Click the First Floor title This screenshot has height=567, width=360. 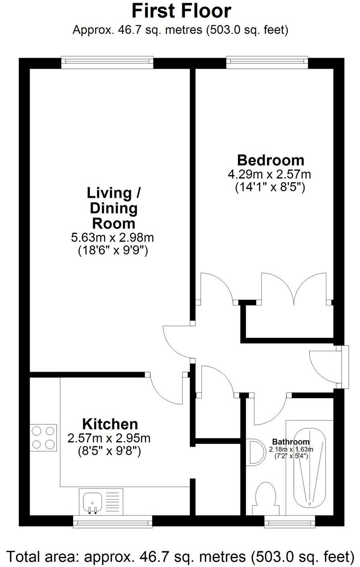pyautogui.click(x=181, y=11)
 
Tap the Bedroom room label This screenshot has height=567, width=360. pyautogui.click(x=271, y=160)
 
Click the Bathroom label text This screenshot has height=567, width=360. pyautogui.click(x=291, y=442)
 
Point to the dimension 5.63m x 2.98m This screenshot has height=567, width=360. pyautogui.click(x=112, y=237)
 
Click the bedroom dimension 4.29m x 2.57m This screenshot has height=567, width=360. pyautogui.click(x=270, y=174)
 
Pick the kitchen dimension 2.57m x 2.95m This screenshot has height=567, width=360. pyautogui.click(x=109, y=438)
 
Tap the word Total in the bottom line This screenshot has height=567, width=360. pyautogui.click(x=25, y=557)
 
